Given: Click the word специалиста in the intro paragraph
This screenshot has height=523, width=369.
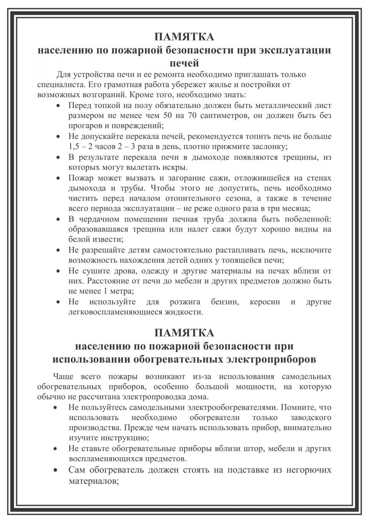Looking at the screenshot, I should (x=57, y=84).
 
